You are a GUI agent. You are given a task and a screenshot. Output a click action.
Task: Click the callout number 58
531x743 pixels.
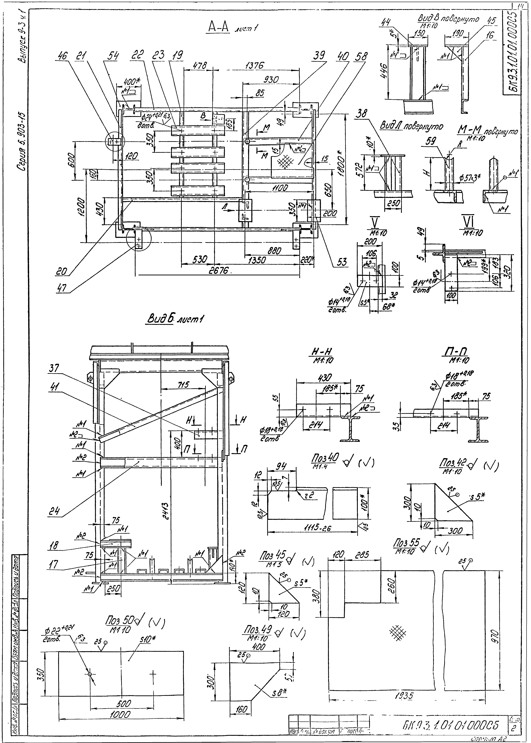pyautogui.click(x=361, y=56)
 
